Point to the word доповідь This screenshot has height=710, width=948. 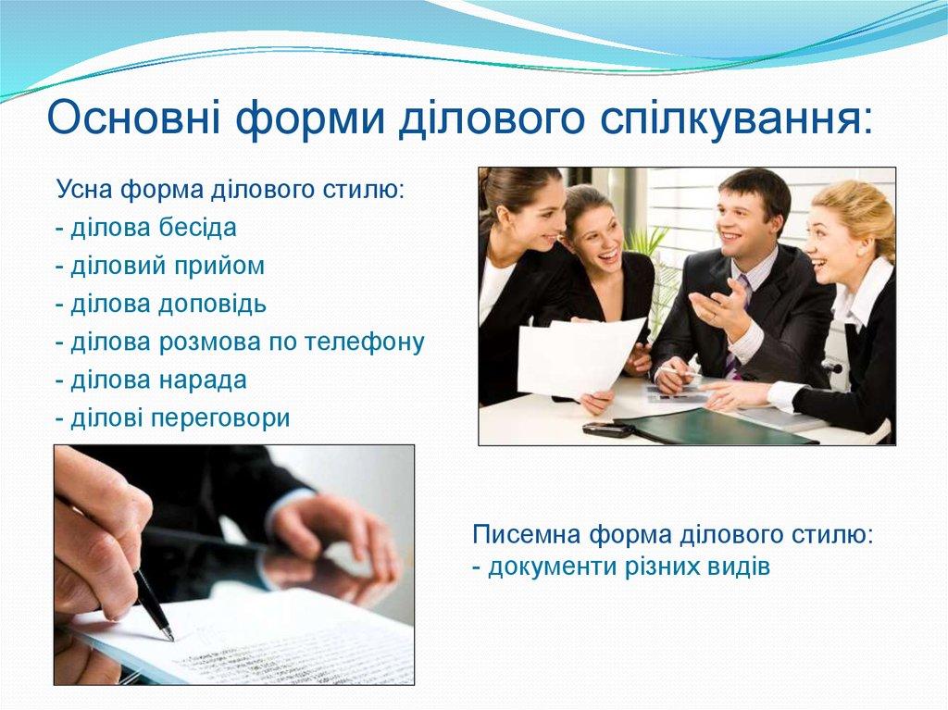coord(221,305)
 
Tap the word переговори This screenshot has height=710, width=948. coord(221,418)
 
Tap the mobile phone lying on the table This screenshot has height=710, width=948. coord(607,429)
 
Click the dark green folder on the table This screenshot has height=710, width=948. coord(713,427)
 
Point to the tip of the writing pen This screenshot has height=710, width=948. coord(169,637)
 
